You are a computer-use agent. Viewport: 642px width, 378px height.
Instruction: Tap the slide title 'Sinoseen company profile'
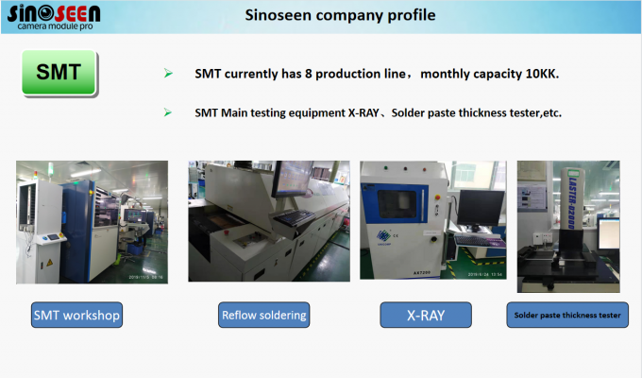340,15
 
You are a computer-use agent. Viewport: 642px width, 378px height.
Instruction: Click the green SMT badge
59,74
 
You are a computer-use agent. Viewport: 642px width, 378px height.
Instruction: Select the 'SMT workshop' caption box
76,315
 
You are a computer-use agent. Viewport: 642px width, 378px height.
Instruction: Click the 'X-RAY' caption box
426,315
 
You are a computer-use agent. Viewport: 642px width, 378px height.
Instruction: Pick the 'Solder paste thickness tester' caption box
567,315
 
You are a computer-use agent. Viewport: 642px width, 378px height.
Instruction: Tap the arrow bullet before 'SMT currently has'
168,74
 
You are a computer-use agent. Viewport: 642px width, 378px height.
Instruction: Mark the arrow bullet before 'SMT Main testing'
168,112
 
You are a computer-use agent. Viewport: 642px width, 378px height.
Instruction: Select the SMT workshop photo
92,222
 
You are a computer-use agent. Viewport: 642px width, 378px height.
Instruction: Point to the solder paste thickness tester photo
566,222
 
